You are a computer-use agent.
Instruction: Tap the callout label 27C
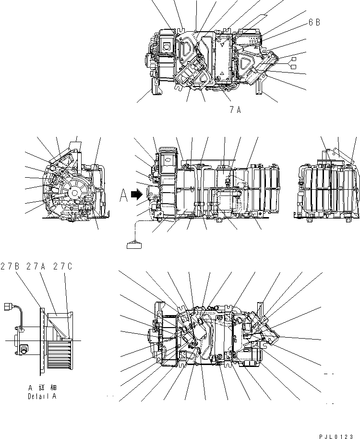[x=63, y=266]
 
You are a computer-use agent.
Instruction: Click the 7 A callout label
[x=235, y=110]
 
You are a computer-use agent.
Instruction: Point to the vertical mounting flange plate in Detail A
[x=42, y=341]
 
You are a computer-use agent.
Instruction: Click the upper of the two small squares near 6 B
[x=293, y=59]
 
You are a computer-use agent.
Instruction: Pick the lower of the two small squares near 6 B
[x=293, y=66]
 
